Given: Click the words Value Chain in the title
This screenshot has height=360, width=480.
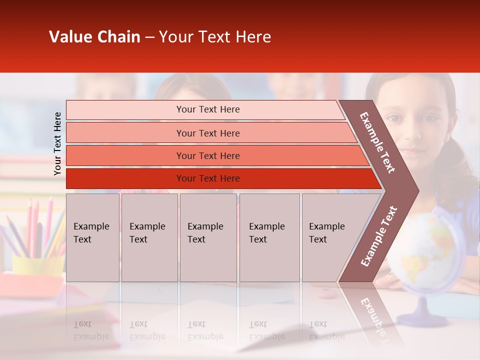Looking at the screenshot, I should tap(94, 37).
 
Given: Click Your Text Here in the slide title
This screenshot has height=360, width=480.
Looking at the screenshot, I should tap(215, 37).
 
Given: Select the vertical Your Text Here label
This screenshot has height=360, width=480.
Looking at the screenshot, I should tap(57, 144).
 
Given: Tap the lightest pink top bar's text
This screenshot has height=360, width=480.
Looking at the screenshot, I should tap(208, 109).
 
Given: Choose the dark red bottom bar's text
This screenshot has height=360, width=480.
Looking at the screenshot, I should tap(208, 178).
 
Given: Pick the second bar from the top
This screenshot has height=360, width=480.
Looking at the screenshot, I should tap(208, 133).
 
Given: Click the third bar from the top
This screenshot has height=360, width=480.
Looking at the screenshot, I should tap(208, 156).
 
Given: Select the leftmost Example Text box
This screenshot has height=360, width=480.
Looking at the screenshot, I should tap(92, 237).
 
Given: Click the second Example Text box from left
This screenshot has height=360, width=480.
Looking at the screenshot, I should tap(149, 237).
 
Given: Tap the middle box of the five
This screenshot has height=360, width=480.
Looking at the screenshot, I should tap(208, 237).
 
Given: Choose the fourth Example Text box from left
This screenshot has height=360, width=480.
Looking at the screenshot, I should tap(269, 237).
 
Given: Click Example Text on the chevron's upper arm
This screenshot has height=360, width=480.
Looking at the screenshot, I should tap(377, 142).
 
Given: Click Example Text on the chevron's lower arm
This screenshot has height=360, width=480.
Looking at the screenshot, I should tap(379, 236).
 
